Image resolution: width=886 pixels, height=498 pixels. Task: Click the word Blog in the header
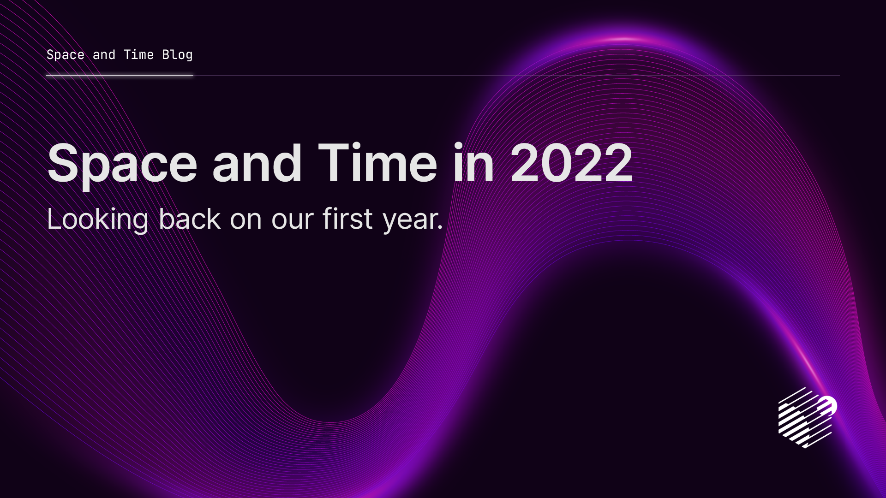177,55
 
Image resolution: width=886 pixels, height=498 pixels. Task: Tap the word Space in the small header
66,55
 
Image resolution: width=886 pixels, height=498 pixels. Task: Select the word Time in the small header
138,55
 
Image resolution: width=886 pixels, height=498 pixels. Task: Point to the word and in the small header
104,55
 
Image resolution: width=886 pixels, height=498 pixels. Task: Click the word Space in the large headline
122,164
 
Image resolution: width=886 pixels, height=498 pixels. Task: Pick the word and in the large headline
257,164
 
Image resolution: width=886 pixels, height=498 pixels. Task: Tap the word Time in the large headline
377,164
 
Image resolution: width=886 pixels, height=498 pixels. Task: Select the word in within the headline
473,164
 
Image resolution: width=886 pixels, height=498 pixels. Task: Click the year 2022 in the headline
571,164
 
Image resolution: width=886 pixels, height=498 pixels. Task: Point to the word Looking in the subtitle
97,219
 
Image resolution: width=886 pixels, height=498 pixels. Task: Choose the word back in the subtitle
190,219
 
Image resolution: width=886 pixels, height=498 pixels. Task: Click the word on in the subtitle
246,220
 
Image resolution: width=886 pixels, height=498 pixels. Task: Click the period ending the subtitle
440,228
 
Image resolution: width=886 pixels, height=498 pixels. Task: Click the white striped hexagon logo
805,418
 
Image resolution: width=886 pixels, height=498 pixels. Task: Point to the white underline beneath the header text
120,76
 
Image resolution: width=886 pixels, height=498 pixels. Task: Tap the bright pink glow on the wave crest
623,39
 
